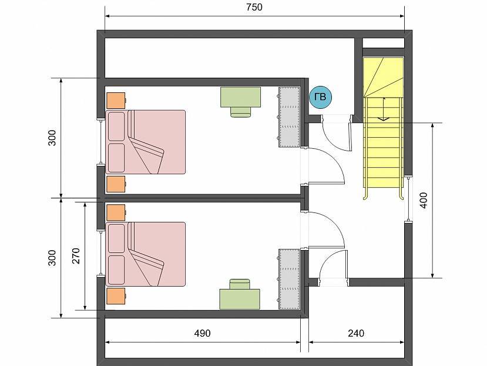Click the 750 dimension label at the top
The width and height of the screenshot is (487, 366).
pos(254,7)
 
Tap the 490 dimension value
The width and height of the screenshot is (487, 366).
pos(202,333)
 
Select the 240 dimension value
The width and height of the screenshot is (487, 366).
pos(356,333)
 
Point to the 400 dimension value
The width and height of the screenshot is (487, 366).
pos(424,201)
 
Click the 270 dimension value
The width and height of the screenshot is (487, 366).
pos(76,256)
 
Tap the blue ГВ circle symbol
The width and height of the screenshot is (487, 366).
pos(320,97)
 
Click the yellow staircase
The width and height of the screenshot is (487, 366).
pos(384,128)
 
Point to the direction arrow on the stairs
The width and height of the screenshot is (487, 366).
pos(384,109)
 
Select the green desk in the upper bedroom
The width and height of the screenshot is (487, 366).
pos(240,97)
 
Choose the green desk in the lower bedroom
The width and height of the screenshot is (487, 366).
pos(240,299)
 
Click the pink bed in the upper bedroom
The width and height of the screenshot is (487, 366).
pos(146,142)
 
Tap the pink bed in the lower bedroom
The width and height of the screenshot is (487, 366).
pos(146,254)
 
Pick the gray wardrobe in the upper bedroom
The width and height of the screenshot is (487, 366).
pos(289,117)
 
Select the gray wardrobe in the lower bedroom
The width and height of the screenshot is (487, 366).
pos(289,279)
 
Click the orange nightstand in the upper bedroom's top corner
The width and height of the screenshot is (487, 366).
pos(116,101)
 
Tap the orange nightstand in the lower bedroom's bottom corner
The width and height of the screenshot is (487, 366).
pos(116,296)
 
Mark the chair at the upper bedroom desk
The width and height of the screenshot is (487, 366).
pos(241,112)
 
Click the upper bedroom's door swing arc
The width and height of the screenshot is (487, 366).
pos(336,159)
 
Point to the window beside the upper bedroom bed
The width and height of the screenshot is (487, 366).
pos(100,142)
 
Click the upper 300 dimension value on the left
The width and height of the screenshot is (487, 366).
pos(52,138)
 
